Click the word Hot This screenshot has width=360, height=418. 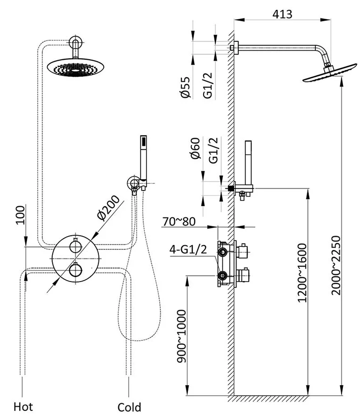tap(24, 406)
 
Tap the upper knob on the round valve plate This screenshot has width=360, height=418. tap(75, 246)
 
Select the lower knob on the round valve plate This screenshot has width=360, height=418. tap(75, 271)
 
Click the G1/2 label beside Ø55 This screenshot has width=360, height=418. tap(207, 87)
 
